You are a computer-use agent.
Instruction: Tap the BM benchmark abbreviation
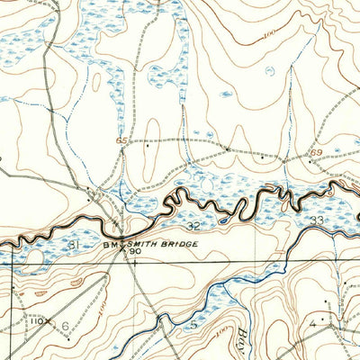(x=111, y=243)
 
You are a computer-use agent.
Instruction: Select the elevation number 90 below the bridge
(x=134, y=253)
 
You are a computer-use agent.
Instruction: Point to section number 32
(x=193, y=227)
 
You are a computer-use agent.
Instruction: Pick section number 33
(x=316, y=220)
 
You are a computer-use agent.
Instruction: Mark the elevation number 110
(x=36, y=320)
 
